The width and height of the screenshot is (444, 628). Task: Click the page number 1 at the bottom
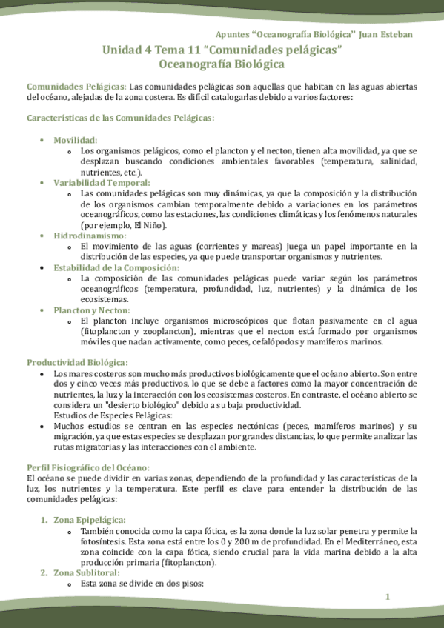387,597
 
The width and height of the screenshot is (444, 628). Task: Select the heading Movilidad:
76,140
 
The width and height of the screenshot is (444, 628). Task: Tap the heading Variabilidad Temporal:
102,182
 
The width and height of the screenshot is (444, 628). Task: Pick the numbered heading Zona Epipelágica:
89,520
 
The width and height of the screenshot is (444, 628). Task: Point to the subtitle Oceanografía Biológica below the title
222,64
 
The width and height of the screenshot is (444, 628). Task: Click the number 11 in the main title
191,50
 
